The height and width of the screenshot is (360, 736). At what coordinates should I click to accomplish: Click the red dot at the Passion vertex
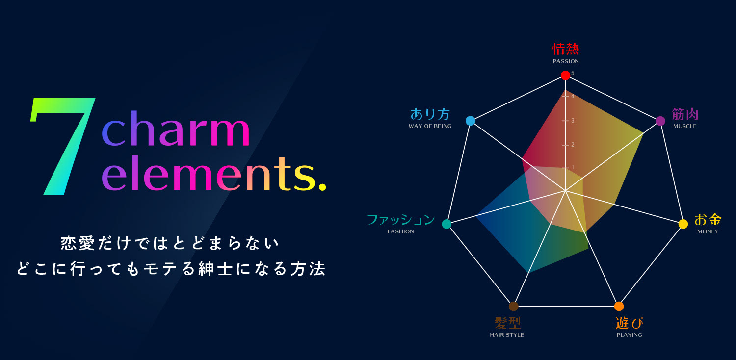(x=565, y=76)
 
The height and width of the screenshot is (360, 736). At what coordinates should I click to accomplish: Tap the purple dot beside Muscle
(x=660, y=121)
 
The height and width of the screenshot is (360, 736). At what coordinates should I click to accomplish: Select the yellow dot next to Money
(x=683, y=224)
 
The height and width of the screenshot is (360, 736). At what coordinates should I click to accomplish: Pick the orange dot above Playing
(x=619, y=306)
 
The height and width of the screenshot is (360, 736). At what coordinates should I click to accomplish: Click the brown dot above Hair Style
(x=514, y=306)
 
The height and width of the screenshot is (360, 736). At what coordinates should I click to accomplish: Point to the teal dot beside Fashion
(x=447, y=224)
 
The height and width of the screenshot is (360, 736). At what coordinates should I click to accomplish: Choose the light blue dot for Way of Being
(x=471, y=121)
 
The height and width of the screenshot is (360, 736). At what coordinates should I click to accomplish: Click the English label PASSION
(x=565, y=61)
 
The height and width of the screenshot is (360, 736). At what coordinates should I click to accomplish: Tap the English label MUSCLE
(x=685, y=126)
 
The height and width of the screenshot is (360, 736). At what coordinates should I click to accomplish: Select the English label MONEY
(x=708, y=231)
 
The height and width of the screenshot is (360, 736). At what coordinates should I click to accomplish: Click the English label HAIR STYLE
(x=507, y=335)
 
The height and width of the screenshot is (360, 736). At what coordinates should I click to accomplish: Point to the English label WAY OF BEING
(x=430, y=126)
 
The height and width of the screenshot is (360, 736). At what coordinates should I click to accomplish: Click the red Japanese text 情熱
(x=565, y=49)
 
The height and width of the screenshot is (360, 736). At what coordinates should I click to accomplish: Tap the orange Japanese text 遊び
(x=629, y=323)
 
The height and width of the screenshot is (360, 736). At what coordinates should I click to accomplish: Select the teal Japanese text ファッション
(x=401, y=219)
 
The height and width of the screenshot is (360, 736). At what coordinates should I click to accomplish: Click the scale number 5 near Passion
(x=573, y=73)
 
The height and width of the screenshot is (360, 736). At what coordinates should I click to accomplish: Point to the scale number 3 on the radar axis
(x=573, y=121)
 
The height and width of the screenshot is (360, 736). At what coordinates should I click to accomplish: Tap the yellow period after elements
(x=322, y=187)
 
